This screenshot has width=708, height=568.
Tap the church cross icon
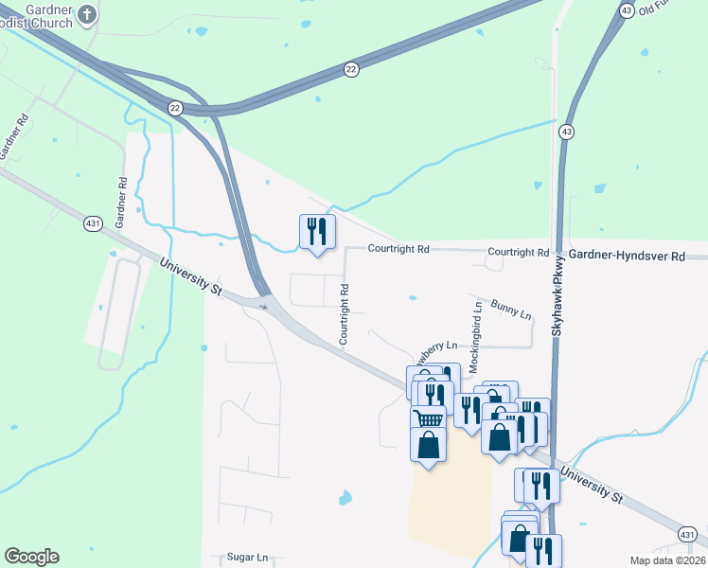pos(87,14)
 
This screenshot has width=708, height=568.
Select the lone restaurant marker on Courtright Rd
pos(316,233)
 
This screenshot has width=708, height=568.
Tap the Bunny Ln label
pos(512,312)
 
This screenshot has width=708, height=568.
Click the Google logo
pos(31,557)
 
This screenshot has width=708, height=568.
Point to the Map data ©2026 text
pos(666,560)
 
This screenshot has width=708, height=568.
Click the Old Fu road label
pos(659,9)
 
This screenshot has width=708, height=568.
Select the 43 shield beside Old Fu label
pos(627,9)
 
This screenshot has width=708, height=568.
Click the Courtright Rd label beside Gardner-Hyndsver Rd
pos(518,253)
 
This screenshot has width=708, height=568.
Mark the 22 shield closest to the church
pos(176,108)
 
